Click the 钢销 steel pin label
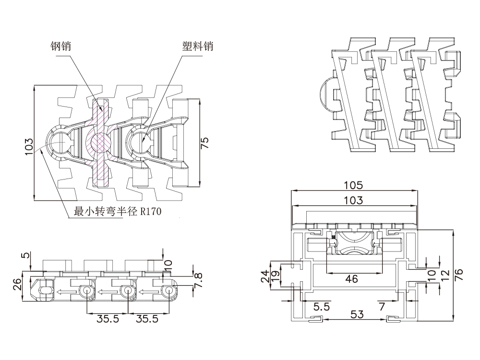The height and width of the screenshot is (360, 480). pos(61,46)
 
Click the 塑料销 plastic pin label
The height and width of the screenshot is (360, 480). pos(197,46)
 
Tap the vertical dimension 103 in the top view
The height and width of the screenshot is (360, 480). pos(29,146)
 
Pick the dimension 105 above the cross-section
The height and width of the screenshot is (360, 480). pos(354,185)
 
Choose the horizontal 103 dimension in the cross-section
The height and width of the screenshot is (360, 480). pos(354,201)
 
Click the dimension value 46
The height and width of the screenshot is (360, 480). pos(351,279)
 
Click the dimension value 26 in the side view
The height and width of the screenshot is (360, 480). pos(17,285)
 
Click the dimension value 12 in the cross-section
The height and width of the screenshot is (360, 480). pos(445,275)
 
